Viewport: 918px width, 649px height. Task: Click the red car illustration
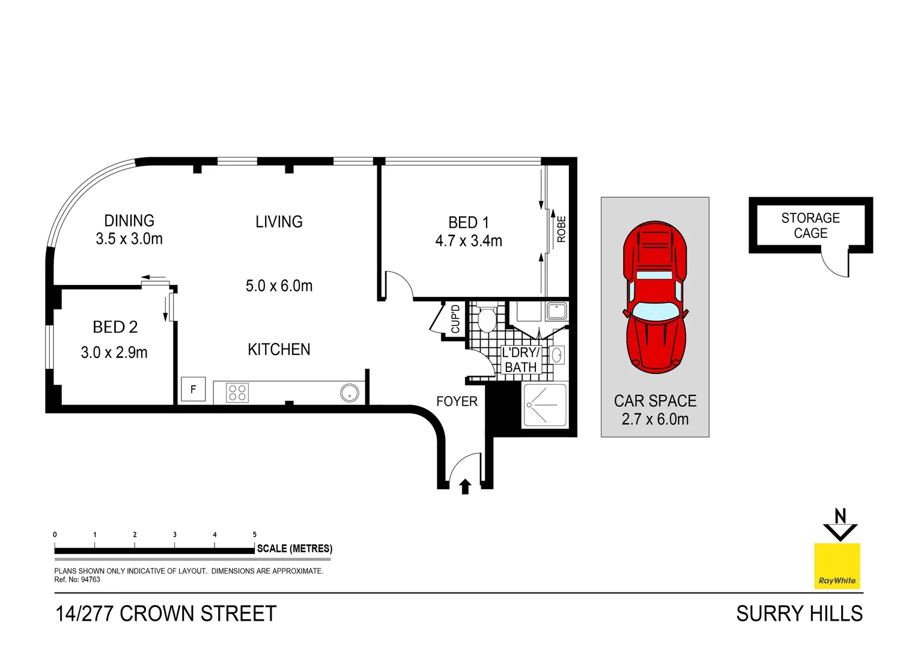pyautogui.click(x=655, y=297)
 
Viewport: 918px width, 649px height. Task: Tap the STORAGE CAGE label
pyautogui.click(x=810, y=225)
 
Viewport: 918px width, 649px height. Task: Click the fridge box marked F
pyautogui.click(x=193, y=389)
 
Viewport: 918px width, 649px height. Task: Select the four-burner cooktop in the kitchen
pyautogui.click(x=237, y=393)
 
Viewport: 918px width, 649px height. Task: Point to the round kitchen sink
pyautogui.click(x=349, y=394)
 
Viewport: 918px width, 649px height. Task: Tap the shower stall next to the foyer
pyautogui.click(x=545, y=404)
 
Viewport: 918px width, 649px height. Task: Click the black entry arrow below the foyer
pyautogui.click(x=465, y=486)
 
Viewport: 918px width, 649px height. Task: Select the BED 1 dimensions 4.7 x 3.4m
pyautogui.click(x=469, y=241)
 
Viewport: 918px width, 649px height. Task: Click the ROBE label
pyautogui.click(x=562, y=229)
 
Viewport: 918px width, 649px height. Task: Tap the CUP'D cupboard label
pyautogui.click(x=455, y=319)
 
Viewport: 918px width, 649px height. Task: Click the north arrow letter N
pyautogui.click(x=840, y=516)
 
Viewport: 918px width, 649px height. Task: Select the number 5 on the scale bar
pyautogui.click(x=255, y=534)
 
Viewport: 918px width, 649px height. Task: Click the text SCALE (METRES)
pyautogui.click(x=294, y=549)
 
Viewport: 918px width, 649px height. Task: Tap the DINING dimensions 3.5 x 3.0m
pyautogui.click(x=129, y=239)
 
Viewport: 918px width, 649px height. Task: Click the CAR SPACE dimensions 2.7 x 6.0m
pyautogui.click(x=655, y=419)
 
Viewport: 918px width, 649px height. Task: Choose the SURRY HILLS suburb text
pyautogui.click(x=799, y=614)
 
